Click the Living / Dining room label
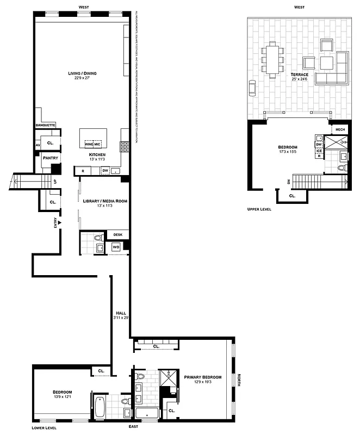[78, 73]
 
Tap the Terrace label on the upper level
[300, 74]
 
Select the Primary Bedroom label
[202, 377]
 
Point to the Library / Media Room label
[104, 201]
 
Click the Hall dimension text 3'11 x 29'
[121, 318]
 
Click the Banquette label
[45, 125]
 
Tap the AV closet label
[38, 146]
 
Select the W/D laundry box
[116, 247]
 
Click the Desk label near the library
[118, 235]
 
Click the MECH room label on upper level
[340, 129]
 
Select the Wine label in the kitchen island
[89, 145]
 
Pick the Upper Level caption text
[259, 209]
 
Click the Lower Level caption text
[44, 428]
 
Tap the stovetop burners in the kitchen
[124, 146]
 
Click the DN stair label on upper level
[289, 182]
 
